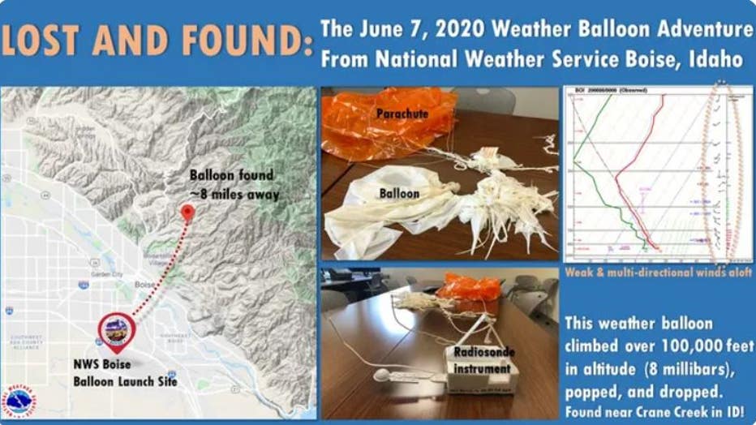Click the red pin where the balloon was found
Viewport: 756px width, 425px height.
tap(188, 213)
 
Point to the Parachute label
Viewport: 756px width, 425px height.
tap(401, 114)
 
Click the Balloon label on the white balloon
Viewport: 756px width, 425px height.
tap(399, 193)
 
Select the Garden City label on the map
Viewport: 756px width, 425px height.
tap(106, 274)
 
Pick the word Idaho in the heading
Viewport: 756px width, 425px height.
tap(715, 59)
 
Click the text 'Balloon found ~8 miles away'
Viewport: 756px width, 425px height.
tap(234, 185)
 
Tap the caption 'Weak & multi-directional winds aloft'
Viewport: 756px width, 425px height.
tap(659, 273)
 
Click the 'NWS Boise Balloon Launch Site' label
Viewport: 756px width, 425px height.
tap(123, 372)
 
